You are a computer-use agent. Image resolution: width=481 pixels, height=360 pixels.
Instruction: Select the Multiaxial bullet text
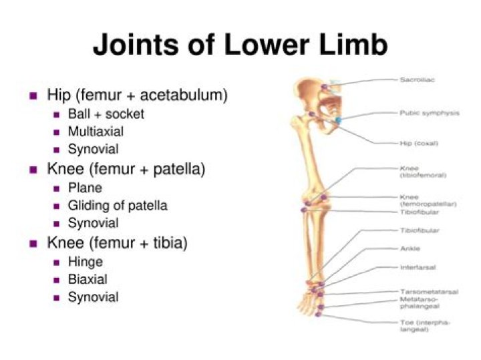pos(96,132)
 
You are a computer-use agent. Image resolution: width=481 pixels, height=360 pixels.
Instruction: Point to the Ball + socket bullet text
pos(106,114)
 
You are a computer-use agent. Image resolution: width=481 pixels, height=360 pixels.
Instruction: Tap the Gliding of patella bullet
pos(118,205)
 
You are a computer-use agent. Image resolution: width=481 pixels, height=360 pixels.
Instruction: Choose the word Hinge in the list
pos(85,261)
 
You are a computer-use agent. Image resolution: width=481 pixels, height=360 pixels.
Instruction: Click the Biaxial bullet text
pos(87,279)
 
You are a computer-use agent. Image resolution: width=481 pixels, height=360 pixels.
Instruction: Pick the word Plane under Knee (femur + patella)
pos(85,187)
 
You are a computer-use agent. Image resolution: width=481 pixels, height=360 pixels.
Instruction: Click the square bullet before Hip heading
pos(33,96)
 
